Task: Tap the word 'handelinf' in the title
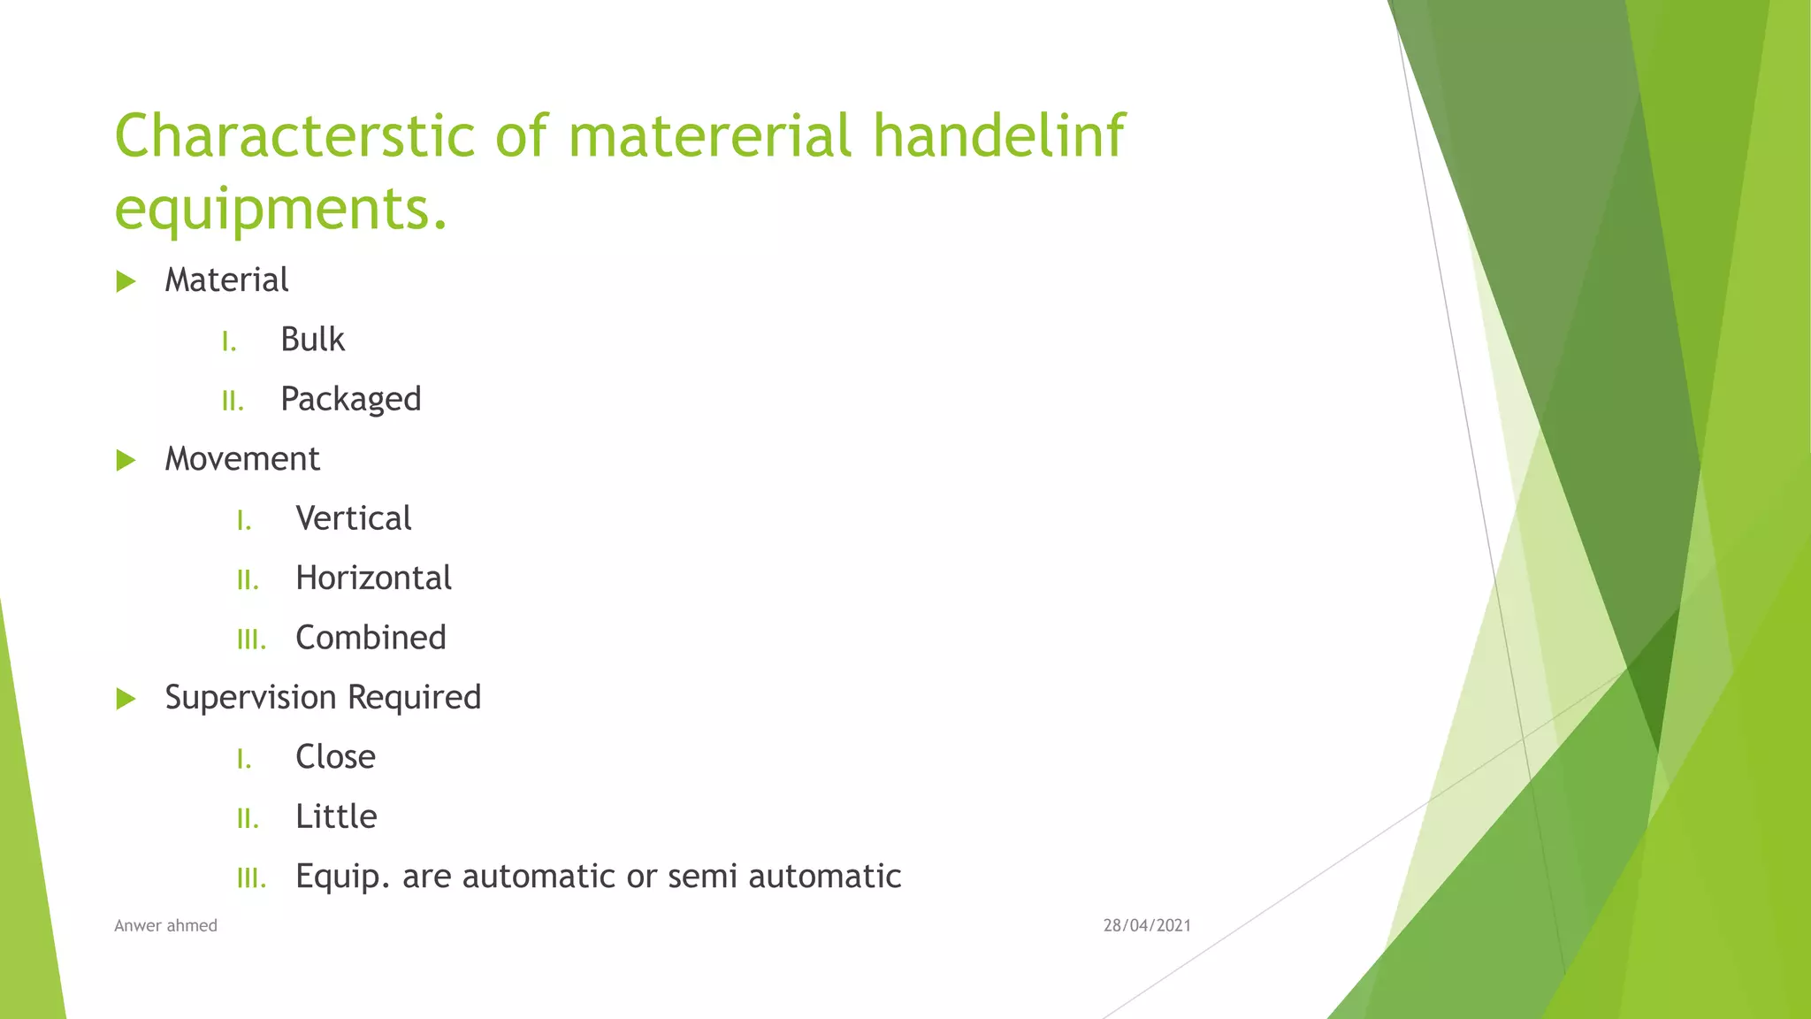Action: click(x=998, y=136)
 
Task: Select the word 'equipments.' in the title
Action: click(x=281, y=209)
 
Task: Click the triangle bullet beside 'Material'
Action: click(x=126, y=282)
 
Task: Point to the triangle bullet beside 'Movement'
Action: click(x=126, y=460)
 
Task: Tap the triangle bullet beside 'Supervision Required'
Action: click(x=126, y=699)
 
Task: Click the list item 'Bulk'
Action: click(x=312, y=340)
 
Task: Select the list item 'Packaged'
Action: click(x=350, y=400)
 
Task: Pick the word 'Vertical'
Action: click(x=353, y=518)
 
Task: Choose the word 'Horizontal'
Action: click(x=373, y=578)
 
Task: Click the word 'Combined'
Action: click(x=371, y=638)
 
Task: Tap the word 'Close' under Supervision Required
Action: click(x=335, y=757)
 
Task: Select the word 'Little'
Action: click(x=336, y=816)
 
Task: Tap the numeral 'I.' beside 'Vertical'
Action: click(x=244, y=521)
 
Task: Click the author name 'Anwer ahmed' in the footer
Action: click(x=165, y=926)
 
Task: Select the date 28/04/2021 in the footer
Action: click(x=1147, y=926)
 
